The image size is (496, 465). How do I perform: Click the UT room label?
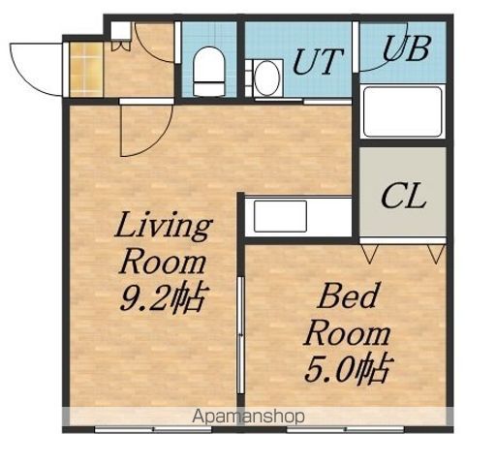317,61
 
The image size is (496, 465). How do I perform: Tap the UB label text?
406,48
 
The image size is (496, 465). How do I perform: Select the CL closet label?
403,196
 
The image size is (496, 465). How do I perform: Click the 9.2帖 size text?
163,297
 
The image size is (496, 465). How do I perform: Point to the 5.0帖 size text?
346,369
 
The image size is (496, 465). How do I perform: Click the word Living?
164,226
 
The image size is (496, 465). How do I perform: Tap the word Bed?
348,296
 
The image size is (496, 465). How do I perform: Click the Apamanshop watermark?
248,417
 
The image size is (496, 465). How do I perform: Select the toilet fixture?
209,72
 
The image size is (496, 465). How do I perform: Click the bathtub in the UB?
402,111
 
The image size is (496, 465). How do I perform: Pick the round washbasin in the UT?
266,78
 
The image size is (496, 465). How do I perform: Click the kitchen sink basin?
280,216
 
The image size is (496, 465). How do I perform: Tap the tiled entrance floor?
86,70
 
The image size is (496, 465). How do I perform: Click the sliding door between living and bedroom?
240,335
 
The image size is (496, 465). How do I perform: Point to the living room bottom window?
153,430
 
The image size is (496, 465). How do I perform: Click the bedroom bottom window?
346,430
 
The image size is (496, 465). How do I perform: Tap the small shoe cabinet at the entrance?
121,31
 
